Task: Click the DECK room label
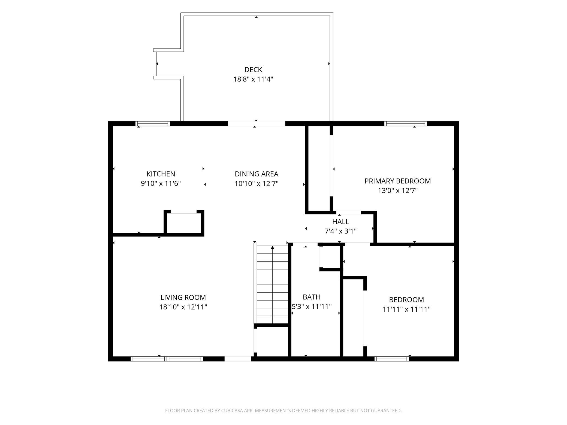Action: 253,70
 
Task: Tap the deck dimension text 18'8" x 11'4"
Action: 253,79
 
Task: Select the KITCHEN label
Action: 161,174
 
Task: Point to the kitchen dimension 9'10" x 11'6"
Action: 161,183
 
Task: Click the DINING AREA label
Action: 257,174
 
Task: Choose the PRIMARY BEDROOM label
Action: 398,181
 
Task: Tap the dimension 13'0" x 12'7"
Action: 398,190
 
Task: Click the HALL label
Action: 341,222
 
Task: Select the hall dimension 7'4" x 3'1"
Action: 341,231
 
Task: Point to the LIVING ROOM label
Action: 183,297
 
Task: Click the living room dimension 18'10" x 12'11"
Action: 183,307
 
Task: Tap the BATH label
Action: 312,297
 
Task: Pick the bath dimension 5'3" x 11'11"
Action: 312,306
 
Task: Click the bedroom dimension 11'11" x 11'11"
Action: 406,309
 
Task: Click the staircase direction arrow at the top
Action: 273,247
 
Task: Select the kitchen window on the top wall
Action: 153,124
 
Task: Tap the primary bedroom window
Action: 406,124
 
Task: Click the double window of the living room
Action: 167,359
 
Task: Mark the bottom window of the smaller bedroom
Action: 392,359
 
